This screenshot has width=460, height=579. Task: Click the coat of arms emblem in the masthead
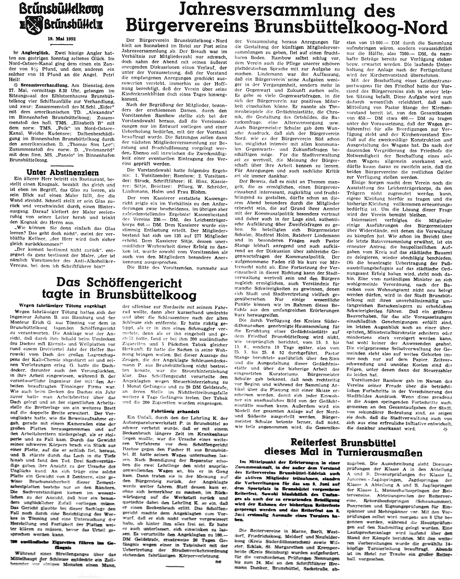(x=34, y=25)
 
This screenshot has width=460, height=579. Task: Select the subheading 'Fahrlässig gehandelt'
(x=173, y=411)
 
